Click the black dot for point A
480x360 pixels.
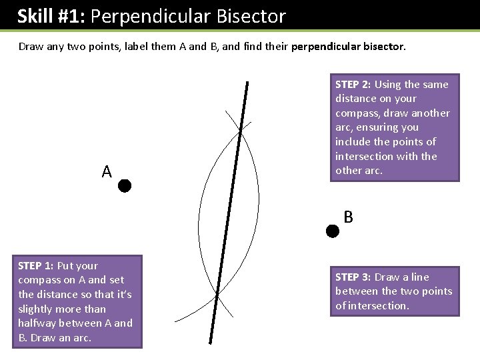[125, 186]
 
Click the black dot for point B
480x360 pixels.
[332, 231]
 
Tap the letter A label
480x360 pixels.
[107, 172]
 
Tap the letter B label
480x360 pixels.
[348, 217]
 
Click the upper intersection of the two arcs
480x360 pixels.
[240, 131]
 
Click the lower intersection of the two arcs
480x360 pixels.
[217, 293]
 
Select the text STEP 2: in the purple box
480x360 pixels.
[353, 85]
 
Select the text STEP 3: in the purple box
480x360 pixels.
[353, 277]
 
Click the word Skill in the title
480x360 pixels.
[35, 16]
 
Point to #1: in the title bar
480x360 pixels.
[71, 16]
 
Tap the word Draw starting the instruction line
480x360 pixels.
[31, 47]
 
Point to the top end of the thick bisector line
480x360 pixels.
[247, 83]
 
